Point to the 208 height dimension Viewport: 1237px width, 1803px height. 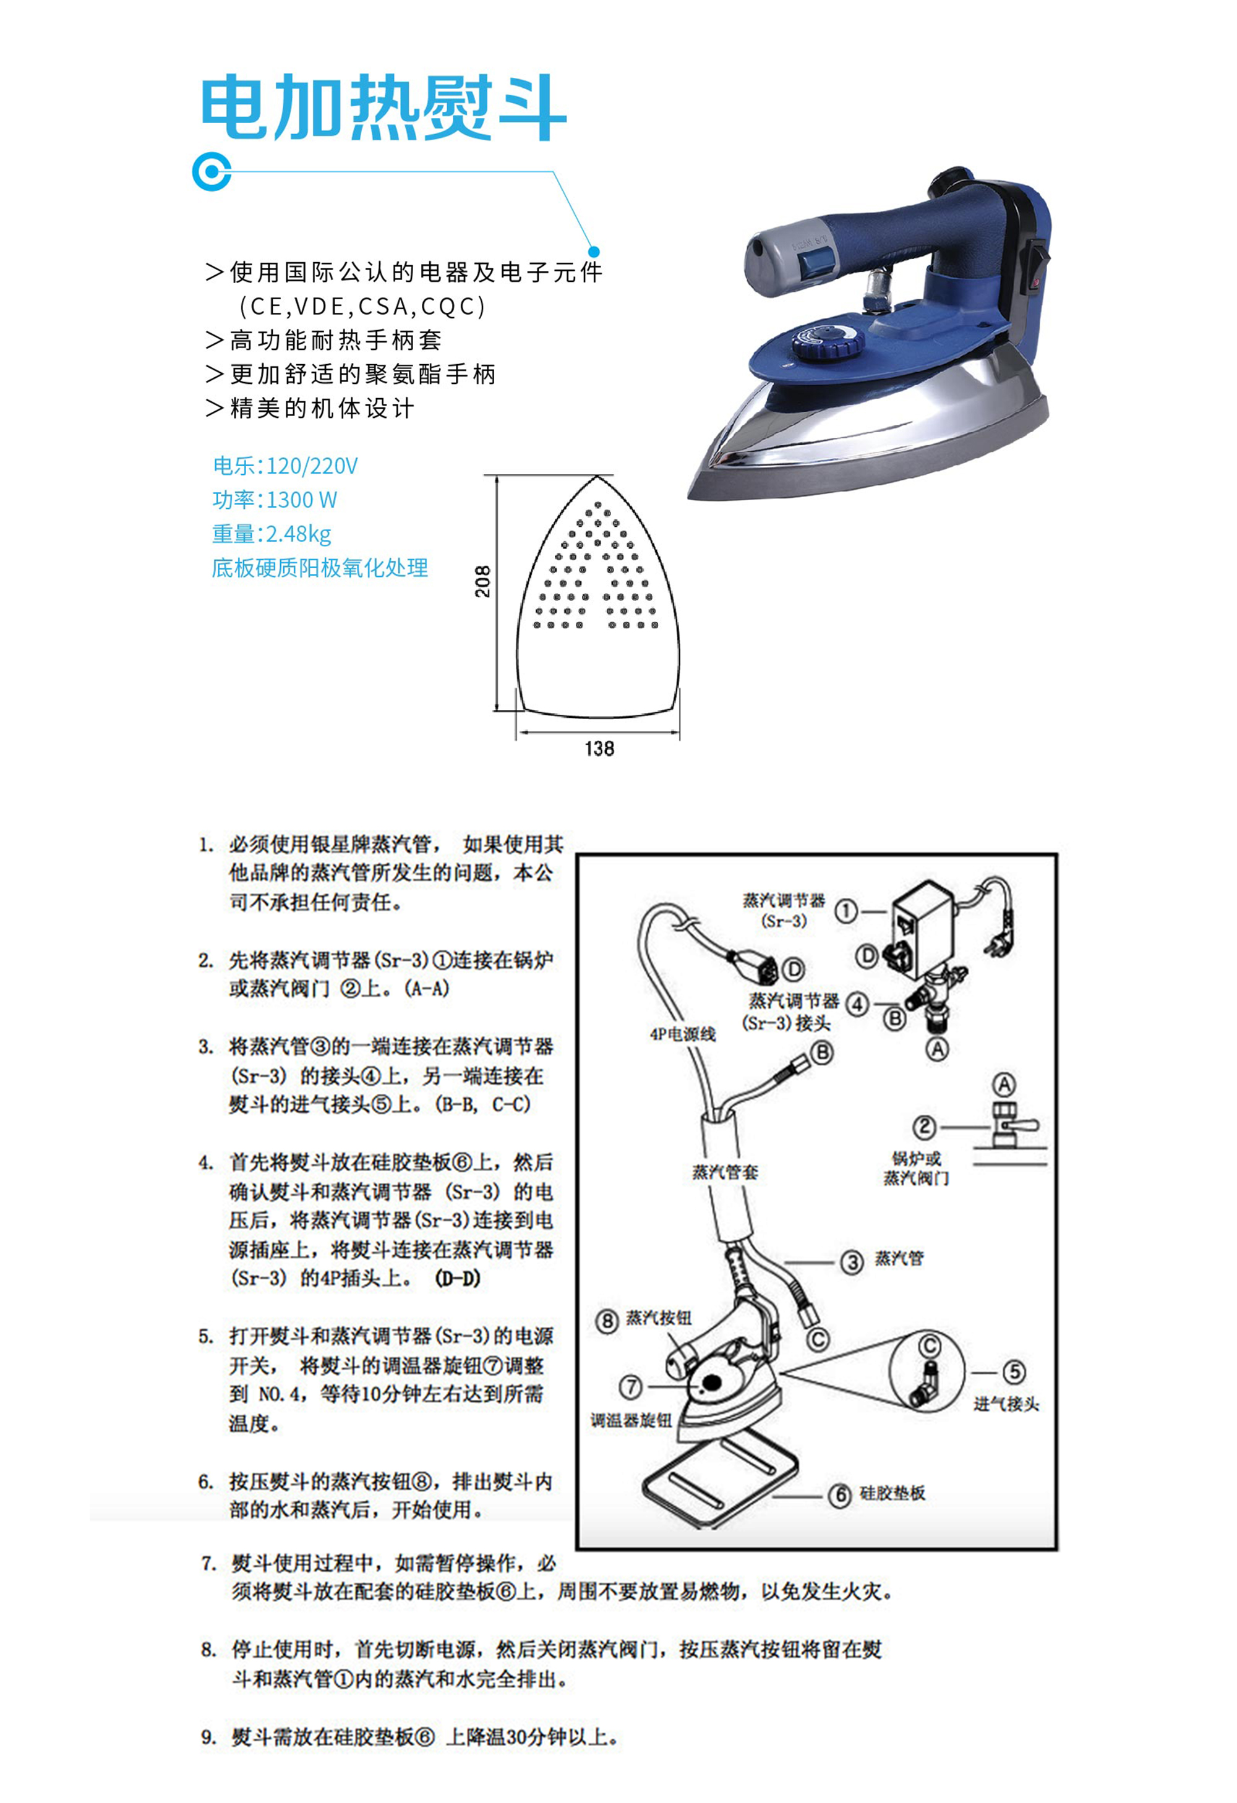click(482, 581)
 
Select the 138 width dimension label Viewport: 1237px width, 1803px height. click(599, 748)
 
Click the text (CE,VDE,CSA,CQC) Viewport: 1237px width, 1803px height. click(362, 307)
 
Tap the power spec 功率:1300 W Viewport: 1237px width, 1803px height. click(275, 500)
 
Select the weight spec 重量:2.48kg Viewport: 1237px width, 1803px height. click(272, 534)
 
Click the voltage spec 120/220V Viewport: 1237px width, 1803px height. click(312, 466)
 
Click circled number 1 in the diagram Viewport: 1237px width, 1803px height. click(846, 911)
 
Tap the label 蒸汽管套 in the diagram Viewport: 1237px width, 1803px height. click(726, 1172)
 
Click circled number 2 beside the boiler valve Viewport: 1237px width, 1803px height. click(924, 1127)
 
